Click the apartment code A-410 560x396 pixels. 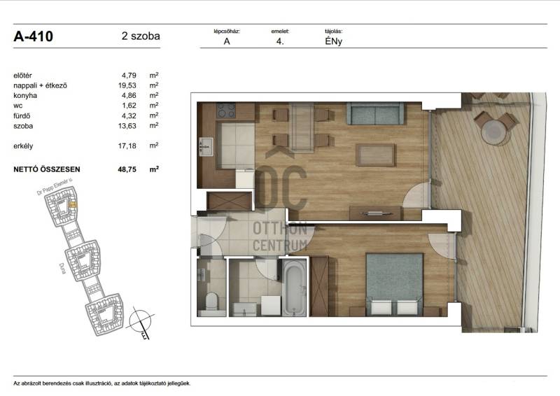33,36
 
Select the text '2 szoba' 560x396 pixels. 141,36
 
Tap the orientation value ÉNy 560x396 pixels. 334,41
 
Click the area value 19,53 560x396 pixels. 127,85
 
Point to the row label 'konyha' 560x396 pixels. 25,96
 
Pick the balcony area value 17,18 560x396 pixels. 127,146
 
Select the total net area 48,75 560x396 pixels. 127,169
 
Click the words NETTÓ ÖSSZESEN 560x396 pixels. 47,169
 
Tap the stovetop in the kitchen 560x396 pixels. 226,111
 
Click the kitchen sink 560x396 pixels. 206,147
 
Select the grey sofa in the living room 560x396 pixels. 375,113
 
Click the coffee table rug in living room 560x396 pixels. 375,155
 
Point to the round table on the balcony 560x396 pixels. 495,132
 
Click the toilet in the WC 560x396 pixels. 211,302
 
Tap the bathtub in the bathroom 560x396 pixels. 294,288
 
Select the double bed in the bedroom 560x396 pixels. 394,284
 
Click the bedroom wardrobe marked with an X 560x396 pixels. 319,286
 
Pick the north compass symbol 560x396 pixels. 141,321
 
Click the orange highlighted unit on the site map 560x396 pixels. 73,204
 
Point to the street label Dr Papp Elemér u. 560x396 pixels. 55,187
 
